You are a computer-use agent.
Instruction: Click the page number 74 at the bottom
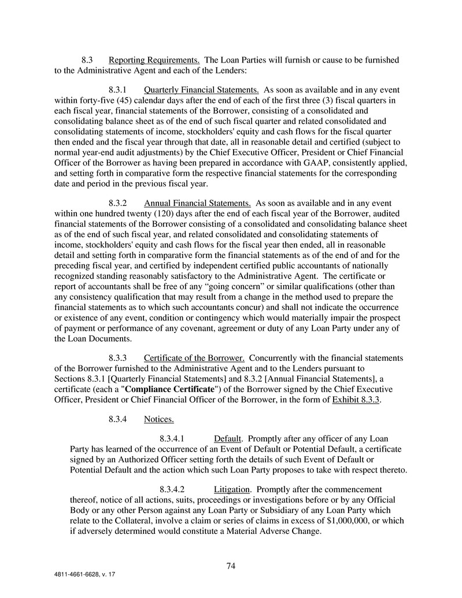[x=231, y=566]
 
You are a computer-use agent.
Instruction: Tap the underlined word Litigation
[x=232, y=489]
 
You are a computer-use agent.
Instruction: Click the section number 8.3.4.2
[x=172, y=489]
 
